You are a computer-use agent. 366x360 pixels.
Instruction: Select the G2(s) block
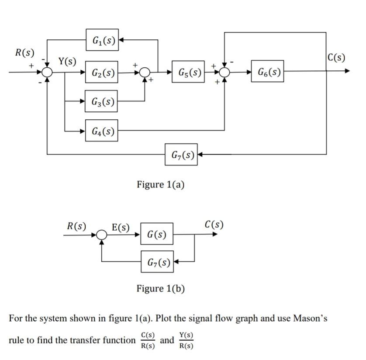102,72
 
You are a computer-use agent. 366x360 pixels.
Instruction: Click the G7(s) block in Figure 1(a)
181,154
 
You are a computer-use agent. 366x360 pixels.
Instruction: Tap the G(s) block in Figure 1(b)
157,235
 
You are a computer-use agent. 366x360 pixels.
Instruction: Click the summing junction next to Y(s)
47,72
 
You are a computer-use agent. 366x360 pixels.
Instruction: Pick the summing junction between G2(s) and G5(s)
145,72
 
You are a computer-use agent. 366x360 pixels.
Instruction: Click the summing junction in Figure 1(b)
102,235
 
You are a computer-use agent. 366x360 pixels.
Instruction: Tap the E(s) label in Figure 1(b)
121,227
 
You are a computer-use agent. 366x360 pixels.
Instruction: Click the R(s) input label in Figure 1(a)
24,53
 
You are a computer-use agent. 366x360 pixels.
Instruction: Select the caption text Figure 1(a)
160,184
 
